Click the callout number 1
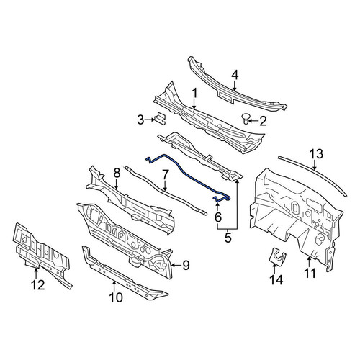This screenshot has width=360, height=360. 194,94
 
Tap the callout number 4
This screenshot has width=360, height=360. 235,76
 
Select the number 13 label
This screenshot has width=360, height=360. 316,154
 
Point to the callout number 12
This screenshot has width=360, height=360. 37,285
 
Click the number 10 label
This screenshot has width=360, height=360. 116,297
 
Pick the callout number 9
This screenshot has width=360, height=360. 186,265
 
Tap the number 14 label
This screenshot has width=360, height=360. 276,279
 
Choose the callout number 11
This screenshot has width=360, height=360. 310,273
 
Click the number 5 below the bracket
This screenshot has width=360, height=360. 228,238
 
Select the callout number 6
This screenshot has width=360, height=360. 218,217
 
